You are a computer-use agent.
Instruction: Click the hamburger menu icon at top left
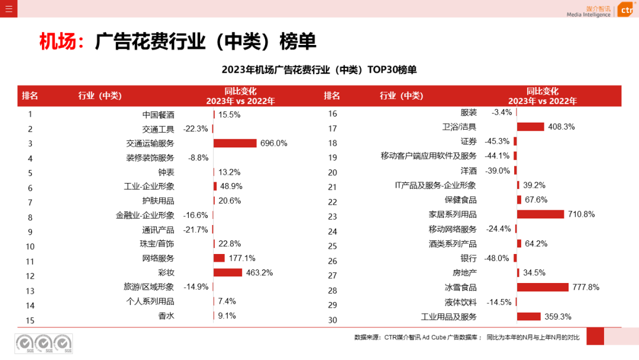pyautogui.click(x=8, y=8)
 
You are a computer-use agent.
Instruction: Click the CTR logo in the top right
pyautogui.click(x=625, y=10)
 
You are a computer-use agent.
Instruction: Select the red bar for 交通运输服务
pyautogui.click(x=235, y=143)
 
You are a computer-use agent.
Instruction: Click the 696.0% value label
pyautogui.click(x=273, y=143)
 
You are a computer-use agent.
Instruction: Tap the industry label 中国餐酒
pyautogui.click(x=158, y=115)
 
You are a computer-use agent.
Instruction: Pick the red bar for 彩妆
pyautogui.click(x=228, y=272)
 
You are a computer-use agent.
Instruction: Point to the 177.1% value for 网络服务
pyautogui.click(x=242, y=258)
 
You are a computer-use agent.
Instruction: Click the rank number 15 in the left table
pyautogui.click(x=30, y=320)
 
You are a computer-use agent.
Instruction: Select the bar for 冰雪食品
pyautogui.click(x=543, y=287)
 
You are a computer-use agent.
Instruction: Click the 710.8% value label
pyautogui.click(x=581, y=214)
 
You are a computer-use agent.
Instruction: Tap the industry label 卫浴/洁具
pyautogui.click(x=459, y=127)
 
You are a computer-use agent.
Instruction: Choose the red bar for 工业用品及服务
pyautogui.click(x=529, y=316)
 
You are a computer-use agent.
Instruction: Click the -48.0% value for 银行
pyautogui.click(x=496, y=258)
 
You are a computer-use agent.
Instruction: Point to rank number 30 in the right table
pyautogui.click(x=332, y=320)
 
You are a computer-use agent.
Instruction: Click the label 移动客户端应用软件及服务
pyautogui.click(x=428, y=156)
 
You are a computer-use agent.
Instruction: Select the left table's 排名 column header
pyautogui.click(x=30, y=96)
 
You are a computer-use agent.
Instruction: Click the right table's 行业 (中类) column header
pyautogui.click(x=401, y=96)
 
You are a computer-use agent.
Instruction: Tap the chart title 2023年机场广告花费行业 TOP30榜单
pyautogui.click(x=319, y=70)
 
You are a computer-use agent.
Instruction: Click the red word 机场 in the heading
pyautogui.click(x=57, y=41)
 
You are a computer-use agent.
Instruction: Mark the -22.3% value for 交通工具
pyautogui.click(x=195, y=128)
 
